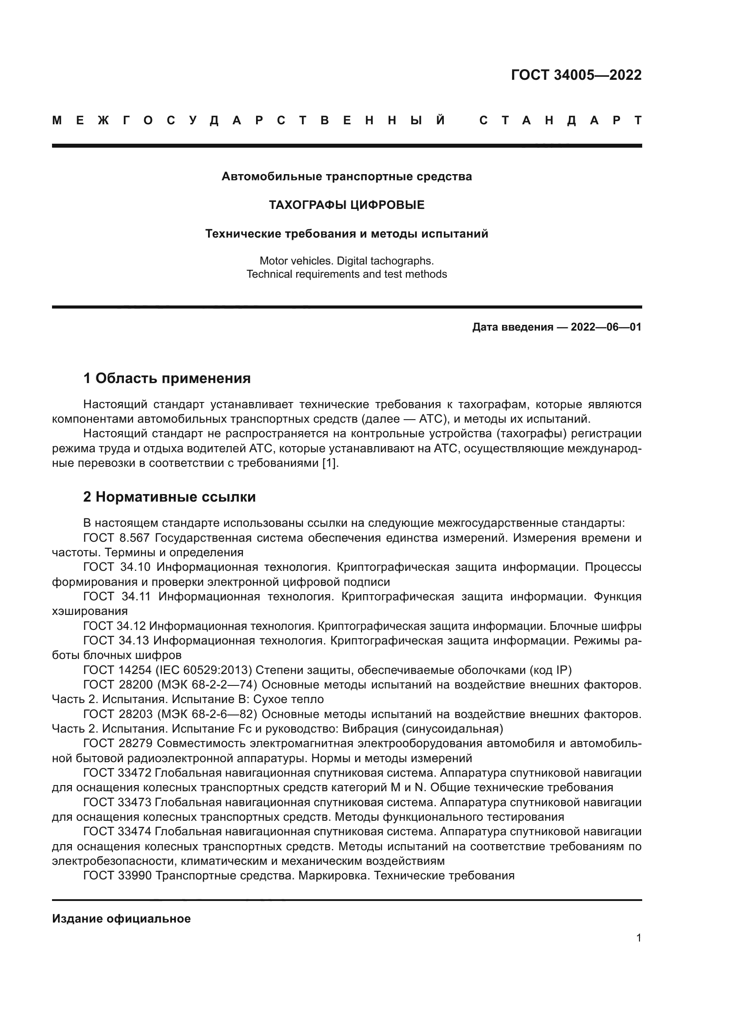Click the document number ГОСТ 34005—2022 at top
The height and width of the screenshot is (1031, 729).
point(576,75)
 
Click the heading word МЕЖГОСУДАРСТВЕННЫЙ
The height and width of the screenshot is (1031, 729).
point(249,120)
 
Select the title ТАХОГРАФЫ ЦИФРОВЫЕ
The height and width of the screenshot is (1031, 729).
point(346,205)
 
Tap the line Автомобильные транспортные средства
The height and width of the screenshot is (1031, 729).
point(346,176)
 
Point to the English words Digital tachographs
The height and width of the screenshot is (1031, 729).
point(385,261)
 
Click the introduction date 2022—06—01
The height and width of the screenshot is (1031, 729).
point(606,327)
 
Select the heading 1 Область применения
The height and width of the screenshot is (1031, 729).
point(167,379)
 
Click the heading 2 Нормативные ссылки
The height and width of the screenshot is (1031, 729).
point(170,497)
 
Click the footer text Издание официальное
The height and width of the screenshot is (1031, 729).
point(121,919)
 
